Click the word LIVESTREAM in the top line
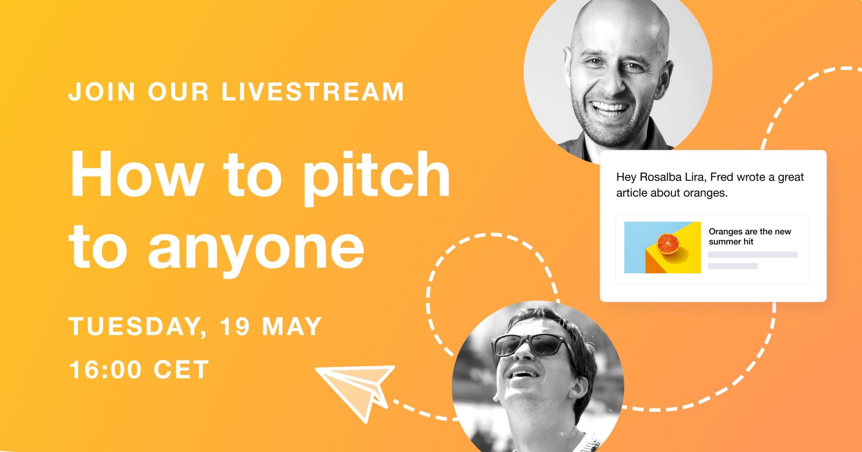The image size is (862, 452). (x=313, y=91)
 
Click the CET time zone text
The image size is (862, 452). (x=181, y=369)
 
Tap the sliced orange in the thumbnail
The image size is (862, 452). (x=668, y=244)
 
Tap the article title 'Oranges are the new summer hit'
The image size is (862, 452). (x=750, y=236)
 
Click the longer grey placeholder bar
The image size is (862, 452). (x=752, y=255)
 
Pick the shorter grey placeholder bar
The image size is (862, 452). (x=733, y=266)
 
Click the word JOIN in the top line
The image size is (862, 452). (x=102, y=92)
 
